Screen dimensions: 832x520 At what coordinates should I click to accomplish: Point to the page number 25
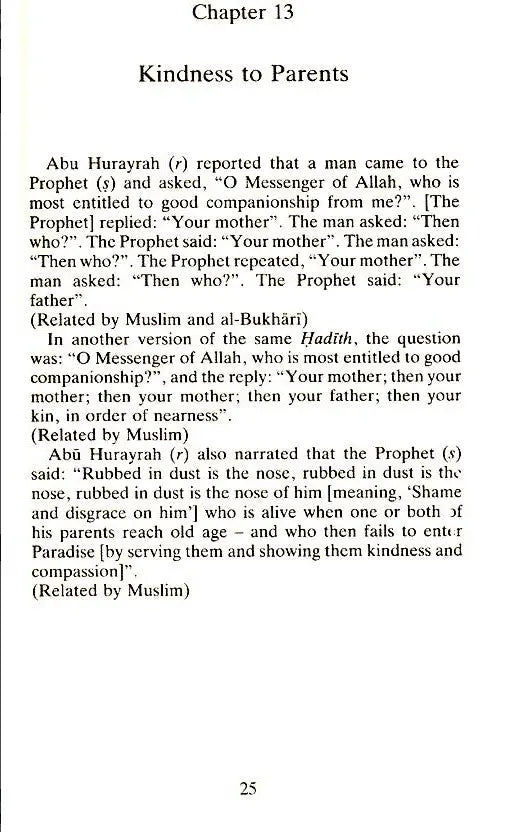coord(249,787)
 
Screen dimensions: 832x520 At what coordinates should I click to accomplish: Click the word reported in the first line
coord(227,164)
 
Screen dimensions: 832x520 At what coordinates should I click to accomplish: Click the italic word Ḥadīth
coord(302,342)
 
